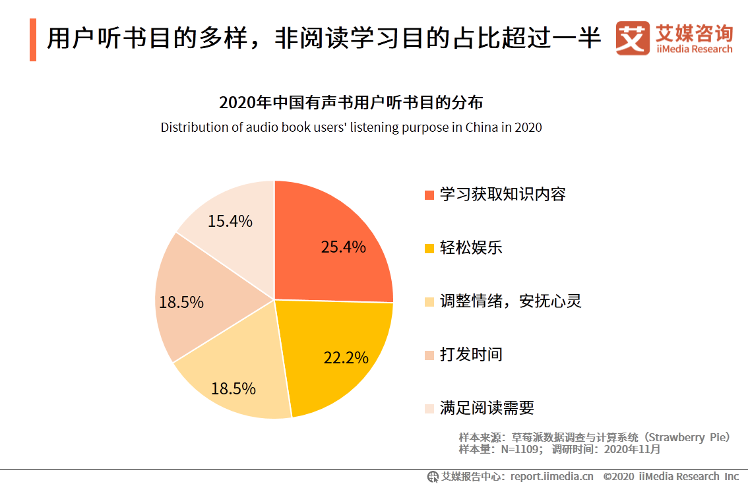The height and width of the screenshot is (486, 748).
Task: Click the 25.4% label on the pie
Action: pyautogui.click(x=343, y=247)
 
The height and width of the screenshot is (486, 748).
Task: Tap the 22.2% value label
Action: pyautogui.click(x=346, y=357)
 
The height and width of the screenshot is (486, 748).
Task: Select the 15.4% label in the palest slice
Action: pyautogui.click(x=230, y=222)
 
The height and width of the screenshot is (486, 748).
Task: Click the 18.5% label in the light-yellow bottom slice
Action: pyautogui.click(x=234, y=388)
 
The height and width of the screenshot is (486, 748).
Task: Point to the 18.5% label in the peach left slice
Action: pyautogui.click(x=181, y=303)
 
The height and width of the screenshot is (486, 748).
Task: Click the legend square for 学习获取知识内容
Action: pyautogui.click(x=429, y=195)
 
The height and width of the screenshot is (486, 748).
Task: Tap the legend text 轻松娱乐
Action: pyautogui.click(x=471, y=248)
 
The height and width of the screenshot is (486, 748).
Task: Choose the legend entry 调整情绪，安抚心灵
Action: pyautogui.click(x=511, y=301)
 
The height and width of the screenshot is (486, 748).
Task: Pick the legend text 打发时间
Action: pyautogui.click(x=471, y=355)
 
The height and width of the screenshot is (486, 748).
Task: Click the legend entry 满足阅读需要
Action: pyautogui.click(x=487, y=408)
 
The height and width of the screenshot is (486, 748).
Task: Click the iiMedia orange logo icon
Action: pyautogui.click(x=633, y=39)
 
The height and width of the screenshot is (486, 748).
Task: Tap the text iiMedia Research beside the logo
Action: pyautogui.click(x=694, y=49)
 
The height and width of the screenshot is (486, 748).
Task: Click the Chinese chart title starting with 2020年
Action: pyautogui.click(x=351, y=104)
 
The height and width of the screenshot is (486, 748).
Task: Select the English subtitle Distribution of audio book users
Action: pyautogui.click(x=351, y=127)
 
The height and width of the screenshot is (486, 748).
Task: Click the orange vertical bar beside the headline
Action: pyautogui.click(x=33, y=40)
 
